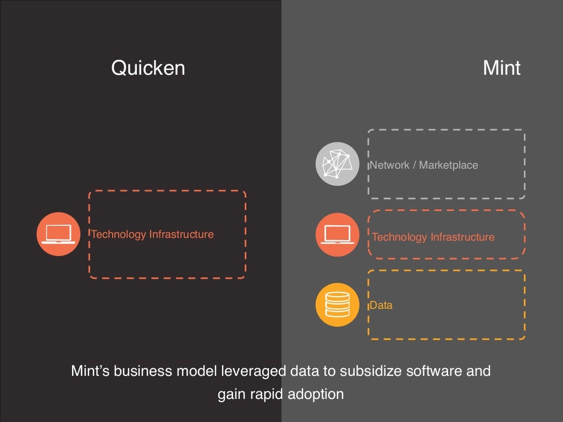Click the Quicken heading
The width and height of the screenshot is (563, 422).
[148, 68]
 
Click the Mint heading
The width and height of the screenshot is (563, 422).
[501, 68]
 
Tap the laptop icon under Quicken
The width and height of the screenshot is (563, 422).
[58, 234]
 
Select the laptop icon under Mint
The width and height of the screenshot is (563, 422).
[336, 235]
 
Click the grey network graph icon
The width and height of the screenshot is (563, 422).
[336, 164]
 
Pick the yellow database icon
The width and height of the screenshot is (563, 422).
[336, 304]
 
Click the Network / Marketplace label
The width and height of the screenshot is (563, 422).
[424, 165]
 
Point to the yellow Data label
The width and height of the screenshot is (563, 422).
[382, 305]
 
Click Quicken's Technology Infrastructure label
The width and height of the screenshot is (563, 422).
[152, 234]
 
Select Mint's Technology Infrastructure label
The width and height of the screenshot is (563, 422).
[433, 237]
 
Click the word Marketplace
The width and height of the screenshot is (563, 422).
[449, 165]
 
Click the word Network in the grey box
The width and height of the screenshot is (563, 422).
[390, 165]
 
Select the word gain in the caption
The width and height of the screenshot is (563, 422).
[231, 395]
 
